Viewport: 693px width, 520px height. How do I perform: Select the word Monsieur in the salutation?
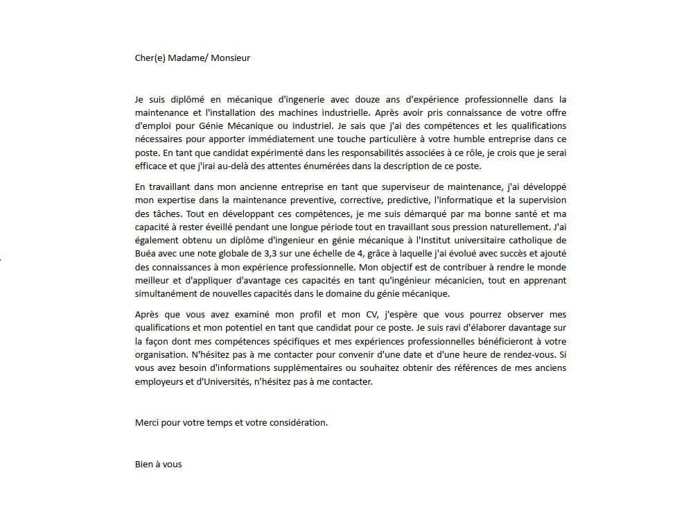tap(230, 58)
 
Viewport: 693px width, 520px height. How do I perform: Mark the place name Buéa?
tap(146, 253)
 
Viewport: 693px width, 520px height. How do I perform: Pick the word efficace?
tap(152, 166)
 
